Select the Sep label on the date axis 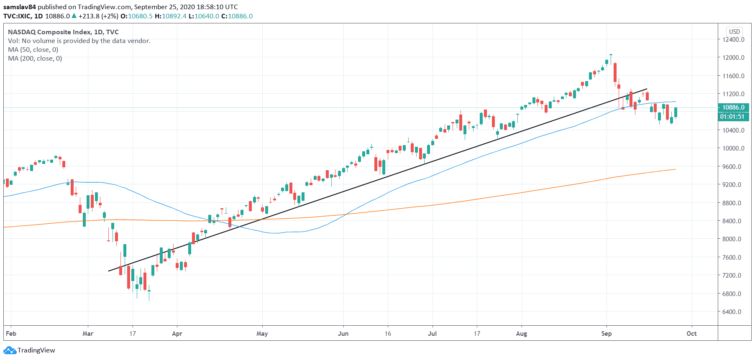[x=607, y=334]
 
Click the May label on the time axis [x=262, y=334]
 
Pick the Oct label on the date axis [x=692, y=334]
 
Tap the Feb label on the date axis [x=11, y=334]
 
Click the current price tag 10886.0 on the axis [x=734, y=107]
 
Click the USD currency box [x=735, y=32]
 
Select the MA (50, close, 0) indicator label [x=33, y=50]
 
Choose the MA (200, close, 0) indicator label [x=35, y=59]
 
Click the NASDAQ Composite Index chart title [x=49, y=32]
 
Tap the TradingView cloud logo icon [x=10, y=350]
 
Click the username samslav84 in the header [x=20, y=7]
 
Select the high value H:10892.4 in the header [x=171, y=16]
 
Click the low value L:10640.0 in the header [x=204, y=16]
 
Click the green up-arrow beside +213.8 [x=74, y=16]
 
